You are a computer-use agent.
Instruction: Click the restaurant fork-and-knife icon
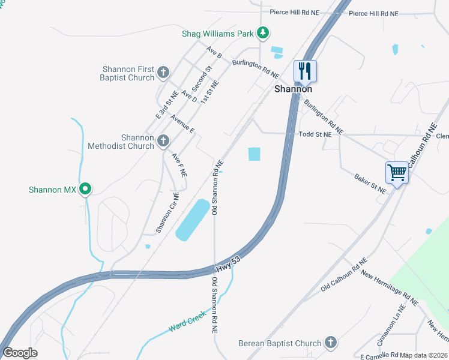pos(305,71)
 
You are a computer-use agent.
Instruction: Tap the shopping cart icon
pos(397,172)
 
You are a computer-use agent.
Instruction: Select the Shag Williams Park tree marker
pos(262,32)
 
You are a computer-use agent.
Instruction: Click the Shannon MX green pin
pos(85,190)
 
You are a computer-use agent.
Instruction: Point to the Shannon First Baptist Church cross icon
pos(163,74)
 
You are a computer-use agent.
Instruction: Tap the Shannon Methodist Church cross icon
pos(163,142)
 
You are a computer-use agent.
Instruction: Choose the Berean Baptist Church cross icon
pos(330,343)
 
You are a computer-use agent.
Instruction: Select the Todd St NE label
pos(315,135)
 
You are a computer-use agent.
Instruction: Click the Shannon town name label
pos(293,89)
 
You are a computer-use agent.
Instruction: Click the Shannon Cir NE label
pos(167,212)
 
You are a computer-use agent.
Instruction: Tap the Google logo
pos(20,353)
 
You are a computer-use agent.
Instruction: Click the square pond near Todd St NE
pos(255,154)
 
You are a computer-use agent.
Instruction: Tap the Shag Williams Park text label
pos(218,34)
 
